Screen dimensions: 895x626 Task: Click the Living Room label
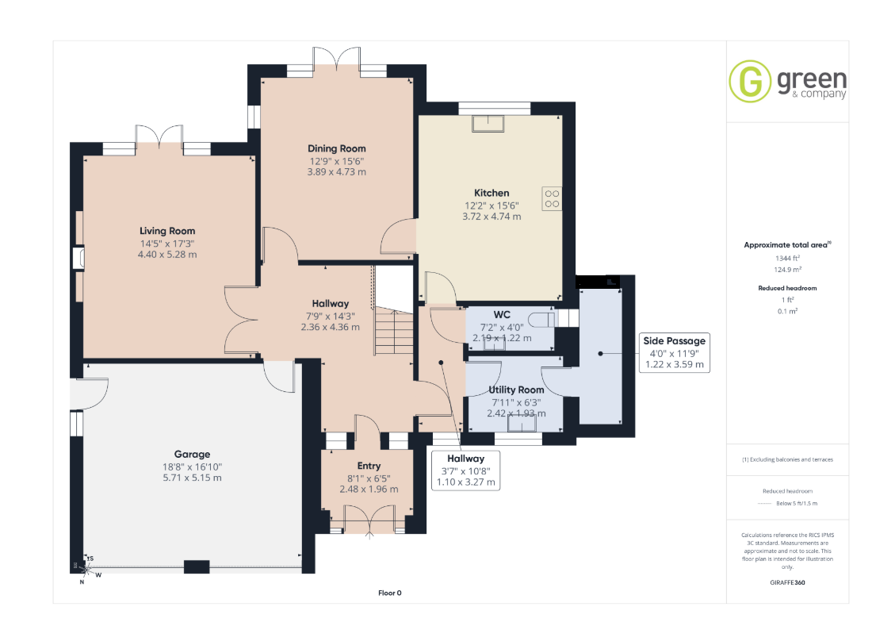167,231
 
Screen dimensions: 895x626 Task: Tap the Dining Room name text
337,148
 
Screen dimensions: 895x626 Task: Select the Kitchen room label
491,193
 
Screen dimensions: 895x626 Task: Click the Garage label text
193,454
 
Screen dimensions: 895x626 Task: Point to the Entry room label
369,466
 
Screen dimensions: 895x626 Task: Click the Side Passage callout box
674,352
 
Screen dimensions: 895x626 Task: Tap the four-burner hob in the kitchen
552,198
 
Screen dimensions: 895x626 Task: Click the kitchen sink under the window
488,123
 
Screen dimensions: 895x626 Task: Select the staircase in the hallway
394,332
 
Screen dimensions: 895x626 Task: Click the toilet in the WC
541,319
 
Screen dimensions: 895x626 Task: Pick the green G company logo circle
750,81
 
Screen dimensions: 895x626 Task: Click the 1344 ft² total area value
788,258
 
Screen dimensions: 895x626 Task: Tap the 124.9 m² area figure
788,270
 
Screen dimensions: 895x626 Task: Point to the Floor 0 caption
390,593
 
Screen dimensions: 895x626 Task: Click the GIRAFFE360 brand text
788,582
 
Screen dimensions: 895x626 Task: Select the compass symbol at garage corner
86,569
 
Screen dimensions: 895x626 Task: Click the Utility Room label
516,390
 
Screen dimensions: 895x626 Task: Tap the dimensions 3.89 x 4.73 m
337,172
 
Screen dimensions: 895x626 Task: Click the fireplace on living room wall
78,258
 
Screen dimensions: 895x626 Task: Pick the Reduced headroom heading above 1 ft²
788,288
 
